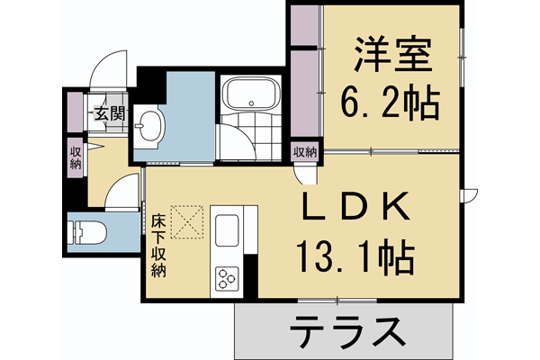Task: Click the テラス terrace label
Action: tap(346, 334)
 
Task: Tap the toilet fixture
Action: tap(87, 231)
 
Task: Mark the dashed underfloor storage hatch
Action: tap(188, 222)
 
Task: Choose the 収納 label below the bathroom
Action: tap(303, 151)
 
